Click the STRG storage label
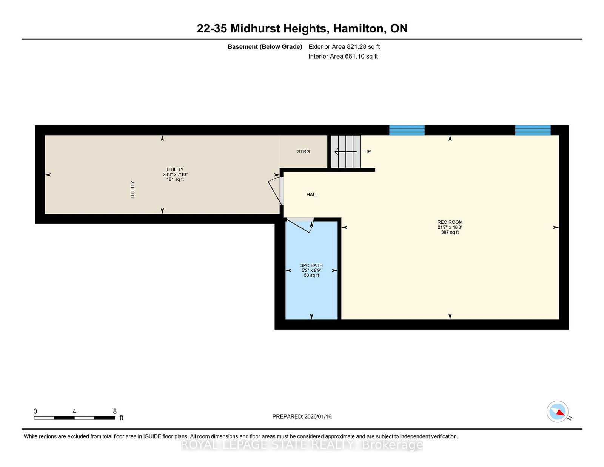(303, 152)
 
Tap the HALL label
(312, 195)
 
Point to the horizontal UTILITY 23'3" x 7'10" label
(175, 174)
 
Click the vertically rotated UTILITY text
(133, 189)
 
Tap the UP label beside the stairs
(367, 152)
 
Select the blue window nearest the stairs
(407, 130)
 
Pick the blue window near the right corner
(533, 130)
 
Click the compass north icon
(557, 412)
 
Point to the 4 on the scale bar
(74, 411)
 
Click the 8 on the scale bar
(115, 411)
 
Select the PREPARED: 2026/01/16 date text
(302, 416)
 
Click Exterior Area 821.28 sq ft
(344, 47)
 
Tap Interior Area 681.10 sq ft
(343, 56)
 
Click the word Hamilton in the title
(358, 29)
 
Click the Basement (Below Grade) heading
(265, 47)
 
